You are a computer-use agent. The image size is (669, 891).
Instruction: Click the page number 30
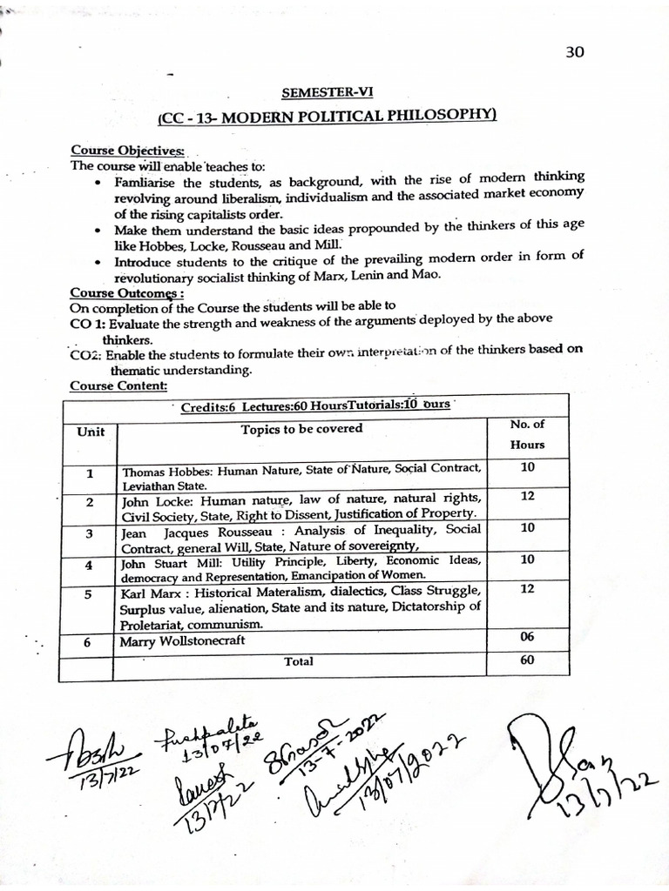pos(574,52)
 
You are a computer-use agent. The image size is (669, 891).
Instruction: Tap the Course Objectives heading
pos(109,150)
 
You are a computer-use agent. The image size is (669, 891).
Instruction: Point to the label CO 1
pos(87,319)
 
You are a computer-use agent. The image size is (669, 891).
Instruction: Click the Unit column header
pos(90,432)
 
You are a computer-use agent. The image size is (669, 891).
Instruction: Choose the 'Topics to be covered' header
pos(301,428)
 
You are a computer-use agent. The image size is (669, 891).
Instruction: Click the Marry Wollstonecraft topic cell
pos(184,641)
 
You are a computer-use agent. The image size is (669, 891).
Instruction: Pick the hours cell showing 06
pos(527,637)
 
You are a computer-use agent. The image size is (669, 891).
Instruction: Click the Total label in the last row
pos(298,661)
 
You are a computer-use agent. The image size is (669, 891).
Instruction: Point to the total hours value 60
pos(527,660)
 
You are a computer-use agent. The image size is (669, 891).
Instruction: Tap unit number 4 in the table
pos(89,565)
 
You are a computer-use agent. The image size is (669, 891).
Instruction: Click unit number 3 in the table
pos(89,533)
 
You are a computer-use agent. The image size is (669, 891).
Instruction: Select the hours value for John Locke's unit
pos(527,496)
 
